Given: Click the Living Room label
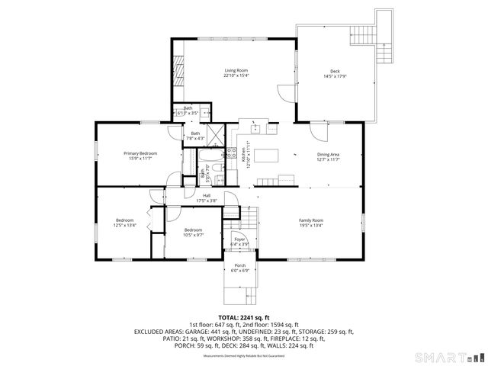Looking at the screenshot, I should (236, 70).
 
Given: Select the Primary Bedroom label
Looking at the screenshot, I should (140, 153).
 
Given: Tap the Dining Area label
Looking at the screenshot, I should (329, 155).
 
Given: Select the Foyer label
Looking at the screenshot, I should (239, 239).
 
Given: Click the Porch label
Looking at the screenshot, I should (240, 265).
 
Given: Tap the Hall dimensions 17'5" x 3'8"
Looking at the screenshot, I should (207, 201).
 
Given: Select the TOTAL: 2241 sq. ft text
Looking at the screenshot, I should (244, 316).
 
